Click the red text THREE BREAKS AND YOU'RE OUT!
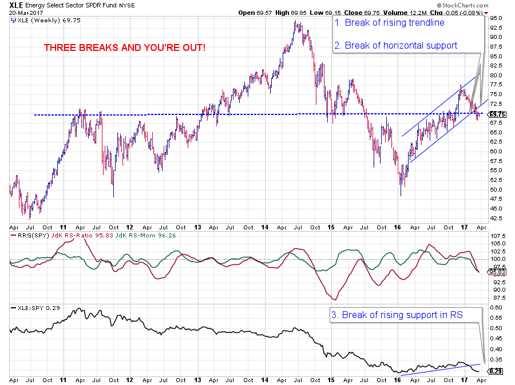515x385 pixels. tap(125, 47)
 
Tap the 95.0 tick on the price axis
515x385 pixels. tap(496, 18)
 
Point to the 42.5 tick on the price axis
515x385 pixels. tap(496, 218)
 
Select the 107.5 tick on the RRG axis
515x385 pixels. tap(497, 236)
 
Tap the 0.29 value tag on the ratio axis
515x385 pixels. tap(496, 372)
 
